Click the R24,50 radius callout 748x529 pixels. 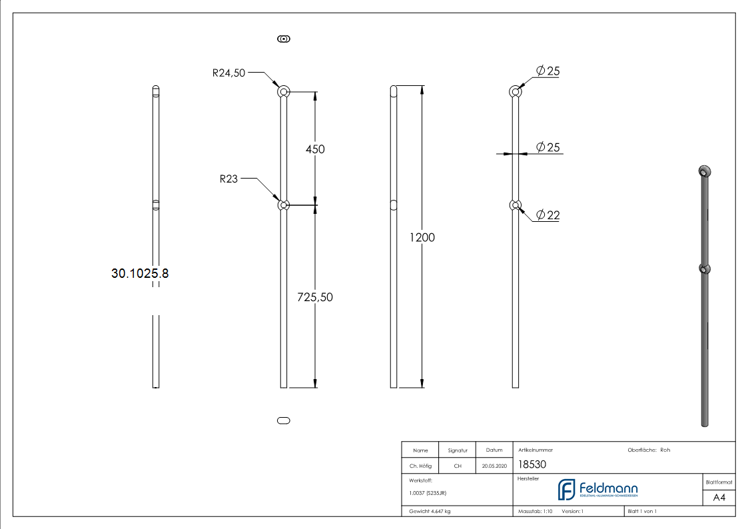pos(229,73)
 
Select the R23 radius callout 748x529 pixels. pos(230,179)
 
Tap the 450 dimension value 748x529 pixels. pos(315,149)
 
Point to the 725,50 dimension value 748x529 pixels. pos(314,297)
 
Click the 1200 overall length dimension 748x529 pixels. pos(421,237)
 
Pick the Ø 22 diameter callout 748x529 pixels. pos(548,215)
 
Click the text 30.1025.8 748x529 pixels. pos(140,273)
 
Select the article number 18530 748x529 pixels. pos(532,465)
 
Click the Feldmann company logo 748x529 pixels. pos(597,490)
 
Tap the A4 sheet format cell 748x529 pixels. pos(719,498)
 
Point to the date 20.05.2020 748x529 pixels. pos(494,466)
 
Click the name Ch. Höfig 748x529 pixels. pos(420,466)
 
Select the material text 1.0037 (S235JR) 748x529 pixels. pos(428,493)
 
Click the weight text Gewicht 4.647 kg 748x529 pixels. pos(430,512)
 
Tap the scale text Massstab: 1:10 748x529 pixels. pos(536,512)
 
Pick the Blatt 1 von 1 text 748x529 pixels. pos(642,512)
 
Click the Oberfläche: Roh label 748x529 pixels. pos(649,450)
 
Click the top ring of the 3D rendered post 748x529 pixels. pos(703,171)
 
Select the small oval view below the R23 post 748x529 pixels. pos(283,420)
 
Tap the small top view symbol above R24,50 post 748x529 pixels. pos(284,39)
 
